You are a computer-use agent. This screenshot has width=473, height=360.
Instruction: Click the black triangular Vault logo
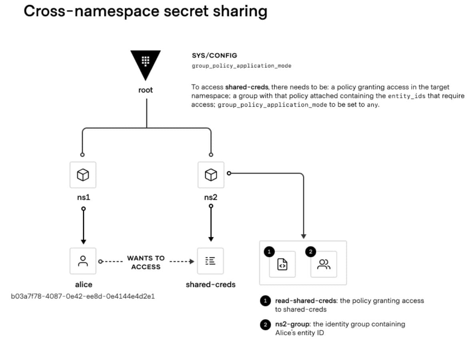tap(146, 65)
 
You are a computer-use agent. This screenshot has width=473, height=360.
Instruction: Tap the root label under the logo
tap(146, 90)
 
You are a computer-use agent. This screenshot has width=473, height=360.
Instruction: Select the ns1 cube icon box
tap(83, 175)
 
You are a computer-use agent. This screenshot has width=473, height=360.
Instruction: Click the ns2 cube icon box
tap(211, 175)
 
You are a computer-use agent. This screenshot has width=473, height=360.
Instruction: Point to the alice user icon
tap(83, 261)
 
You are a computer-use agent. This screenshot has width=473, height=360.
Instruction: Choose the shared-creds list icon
tap(211, 261)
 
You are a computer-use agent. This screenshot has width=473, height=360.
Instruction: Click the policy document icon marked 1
tap(282, 264)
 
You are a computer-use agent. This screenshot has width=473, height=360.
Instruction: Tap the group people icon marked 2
tap(324, 264)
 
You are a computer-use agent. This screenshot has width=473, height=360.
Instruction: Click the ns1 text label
tap(83, 197)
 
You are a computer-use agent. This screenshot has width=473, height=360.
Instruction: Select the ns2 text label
tap(211, 197)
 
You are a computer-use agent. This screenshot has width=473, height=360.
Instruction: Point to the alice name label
tap(84, 284)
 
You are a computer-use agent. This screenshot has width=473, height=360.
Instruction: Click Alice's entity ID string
tap(83, 296)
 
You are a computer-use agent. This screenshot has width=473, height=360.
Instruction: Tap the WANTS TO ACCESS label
tap(146, 262)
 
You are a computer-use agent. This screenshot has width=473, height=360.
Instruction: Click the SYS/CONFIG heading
tap(214, 56)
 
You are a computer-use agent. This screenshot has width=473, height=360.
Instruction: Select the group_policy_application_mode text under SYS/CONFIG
tap(241, 66)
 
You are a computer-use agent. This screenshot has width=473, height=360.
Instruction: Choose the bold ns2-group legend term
tap(293, 324)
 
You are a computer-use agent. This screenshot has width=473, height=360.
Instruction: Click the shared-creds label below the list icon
tap(211, 284)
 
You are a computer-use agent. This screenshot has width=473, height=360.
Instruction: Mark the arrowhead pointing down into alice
tap(83, 241)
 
